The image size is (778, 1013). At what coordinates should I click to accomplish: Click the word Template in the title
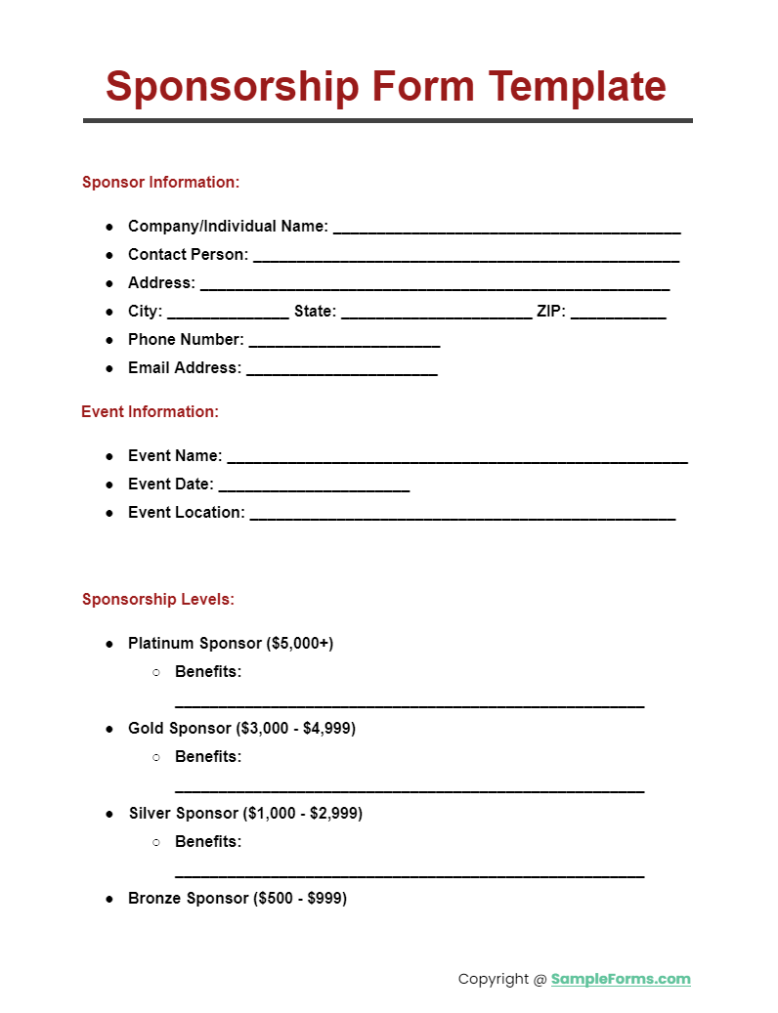(x=578, y=86)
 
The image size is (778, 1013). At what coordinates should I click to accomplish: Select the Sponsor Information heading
(x=160, y=182)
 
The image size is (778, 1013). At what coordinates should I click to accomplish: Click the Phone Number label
(x=186, y=340)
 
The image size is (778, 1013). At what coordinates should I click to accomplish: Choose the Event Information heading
(x=150, y=411)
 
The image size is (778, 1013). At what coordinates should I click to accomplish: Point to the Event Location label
(x=187, y=512)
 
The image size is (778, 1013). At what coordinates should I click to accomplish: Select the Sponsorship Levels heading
(x=158, y=599)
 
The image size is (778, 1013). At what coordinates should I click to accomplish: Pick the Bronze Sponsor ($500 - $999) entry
(x=238, y=898)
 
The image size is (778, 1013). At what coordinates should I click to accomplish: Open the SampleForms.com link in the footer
(x=621, y=979)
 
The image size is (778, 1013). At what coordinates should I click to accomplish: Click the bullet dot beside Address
(x=109, y=283)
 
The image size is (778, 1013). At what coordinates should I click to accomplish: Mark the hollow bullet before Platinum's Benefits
(x=156, y=672)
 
